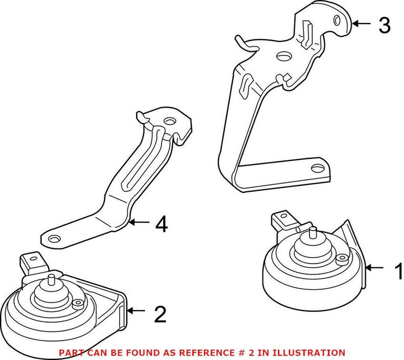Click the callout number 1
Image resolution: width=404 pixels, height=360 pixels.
[x=398, y=271]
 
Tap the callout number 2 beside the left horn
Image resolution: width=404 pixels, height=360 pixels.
[x=159, y=314]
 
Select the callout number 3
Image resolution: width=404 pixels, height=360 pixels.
[x=384, y=25]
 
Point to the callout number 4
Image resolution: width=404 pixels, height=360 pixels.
[x=161, y=225]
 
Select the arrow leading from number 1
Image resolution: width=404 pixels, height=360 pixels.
[x=376, y=268]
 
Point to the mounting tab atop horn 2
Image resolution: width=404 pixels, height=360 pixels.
[x=31, y=261]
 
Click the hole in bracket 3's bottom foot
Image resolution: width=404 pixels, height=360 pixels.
[x=317, y=169]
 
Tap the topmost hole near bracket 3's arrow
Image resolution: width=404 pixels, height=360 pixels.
[x=336, y=20]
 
